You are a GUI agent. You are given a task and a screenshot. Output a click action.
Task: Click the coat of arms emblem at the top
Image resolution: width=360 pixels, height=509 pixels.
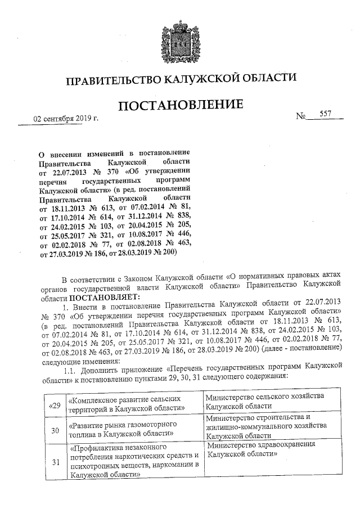pos(180,39)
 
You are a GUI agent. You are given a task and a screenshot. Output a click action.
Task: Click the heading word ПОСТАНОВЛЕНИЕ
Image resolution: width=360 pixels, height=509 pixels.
pos(181,105)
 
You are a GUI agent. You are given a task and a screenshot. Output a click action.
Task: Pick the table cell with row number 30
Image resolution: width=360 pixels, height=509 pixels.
pos(55,430)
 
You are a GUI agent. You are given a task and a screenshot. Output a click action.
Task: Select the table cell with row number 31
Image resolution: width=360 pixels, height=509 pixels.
pos(55,462)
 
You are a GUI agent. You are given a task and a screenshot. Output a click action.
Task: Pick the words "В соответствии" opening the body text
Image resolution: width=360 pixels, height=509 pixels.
pos(84,278)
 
